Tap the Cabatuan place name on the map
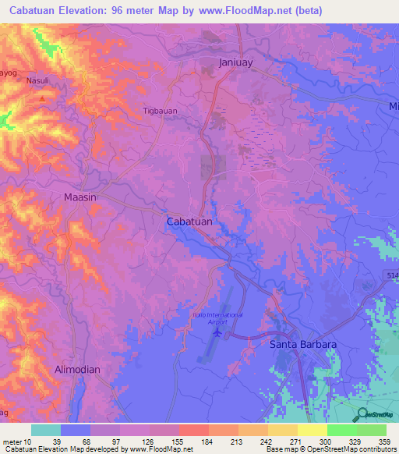coord(189,222)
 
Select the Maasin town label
coord(79,198)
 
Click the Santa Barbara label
coord(302,344)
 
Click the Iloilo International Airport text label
coord(218,317)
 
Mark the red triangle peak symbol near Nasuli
coord(41,100)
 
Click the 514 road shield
coord(391,275)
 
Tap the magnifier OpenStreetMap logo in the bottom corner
coord(361,415)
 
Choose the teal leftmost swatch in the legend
coord(46,430)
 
